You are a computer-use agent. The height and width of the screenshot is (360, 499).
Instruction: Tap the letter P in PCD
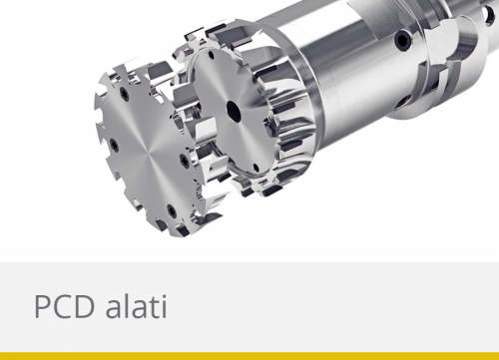pyautogui.click(x=43, y=306)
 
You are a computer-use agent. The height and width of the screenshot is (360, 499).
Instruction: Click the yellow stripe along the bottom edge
pyautogui.click(x=249, y=355)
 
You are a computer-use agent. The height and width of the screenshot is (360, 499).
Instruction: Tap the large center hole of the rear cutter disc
pyautogui.click(x=231, y=111)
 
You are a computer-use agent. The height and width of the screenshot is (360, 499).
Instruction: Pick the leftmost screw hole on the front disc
pyautogui.click(x=113, y=147)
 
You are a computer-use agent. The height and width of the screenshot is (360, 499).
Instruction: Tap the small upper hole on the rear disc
pyautogui.click(x=239, y=69)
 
